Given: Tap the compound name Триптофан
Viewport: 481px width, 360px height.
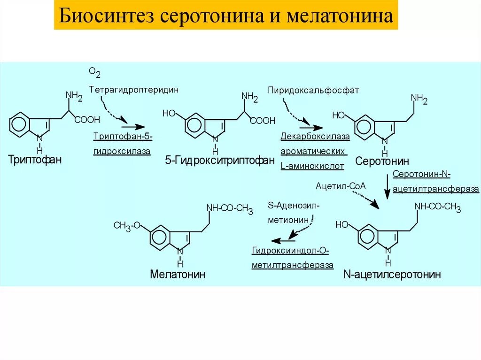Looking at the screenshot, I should click(35, 160).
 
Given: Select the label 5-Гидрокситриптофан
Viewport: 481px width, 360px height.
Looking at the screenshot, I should click(219, 161).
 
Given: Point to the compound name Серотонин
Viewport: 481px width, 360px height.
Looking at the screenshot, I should click(382, 161).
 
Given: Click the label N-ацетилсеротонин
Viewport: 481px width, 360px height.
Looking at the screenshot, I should click(392, 275).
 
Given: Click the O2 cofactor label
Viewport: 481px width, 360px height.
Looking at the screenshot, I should click(94, 72).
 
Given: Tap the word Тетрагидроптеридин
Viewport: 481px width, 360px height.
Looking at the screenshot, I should click(133, 89).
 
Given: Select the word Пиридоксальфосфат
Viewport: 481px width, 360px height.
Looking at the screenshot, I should click(313, 90).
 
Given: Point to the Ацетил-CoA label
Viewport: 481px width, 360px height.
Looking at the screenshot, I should click(341, 186).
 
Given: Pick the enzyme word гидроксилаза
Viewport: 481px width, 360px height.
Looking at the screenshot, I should click(122, 151).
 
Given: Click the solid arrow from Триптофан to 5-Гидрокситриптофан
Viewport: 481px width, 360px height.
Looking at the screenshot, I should click(132, 126).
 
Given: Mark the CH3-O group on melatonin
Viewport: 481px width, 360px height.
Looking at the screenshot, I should click(127, 226).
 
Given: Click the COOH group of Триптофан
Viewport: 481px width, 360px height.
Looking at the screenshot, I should click(87, 120).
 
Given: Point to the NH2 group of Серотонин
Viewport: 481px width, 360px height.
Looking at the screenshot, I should click(419, 99).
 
